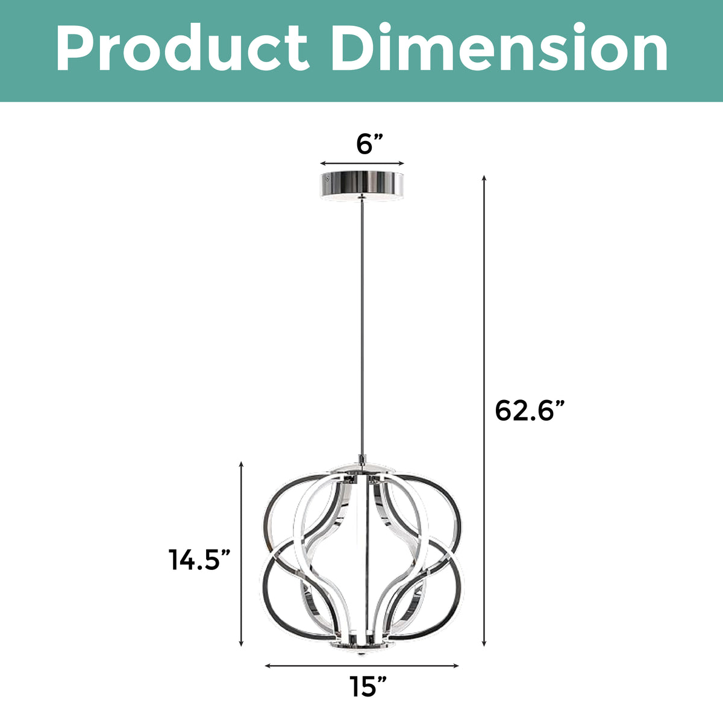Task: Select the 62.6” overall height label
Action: point(530,411)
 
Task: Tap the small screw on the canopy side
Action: point(327,178)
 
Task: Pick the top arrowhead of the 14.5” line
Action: point(241,464)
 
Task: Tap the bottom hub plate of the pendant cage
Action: point(361,648)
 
